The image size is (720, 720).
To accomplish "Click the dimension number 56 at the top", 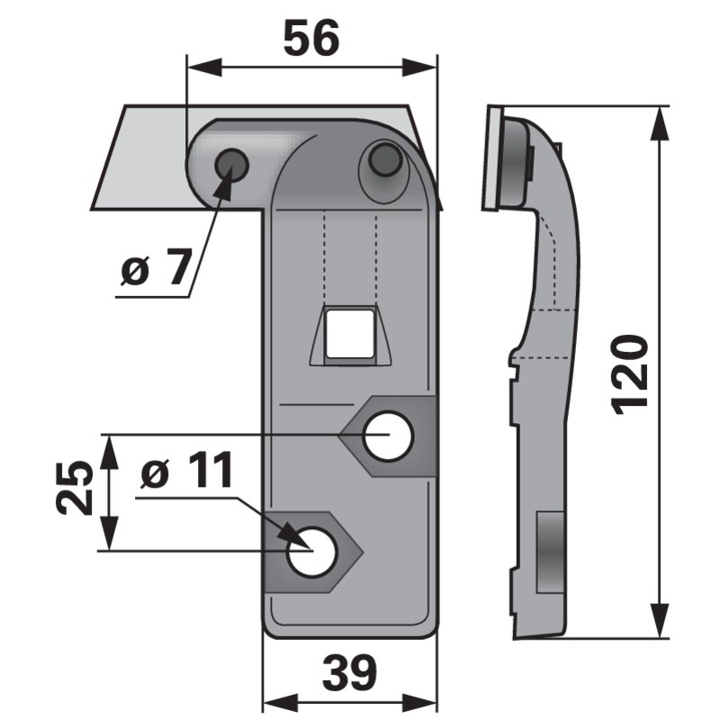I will click(310, 40).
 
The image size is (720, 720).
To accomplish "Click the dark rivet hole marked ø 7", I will click(232, 165).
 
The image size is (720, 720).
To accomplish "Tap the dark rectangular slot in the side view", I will click(548, 553).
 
